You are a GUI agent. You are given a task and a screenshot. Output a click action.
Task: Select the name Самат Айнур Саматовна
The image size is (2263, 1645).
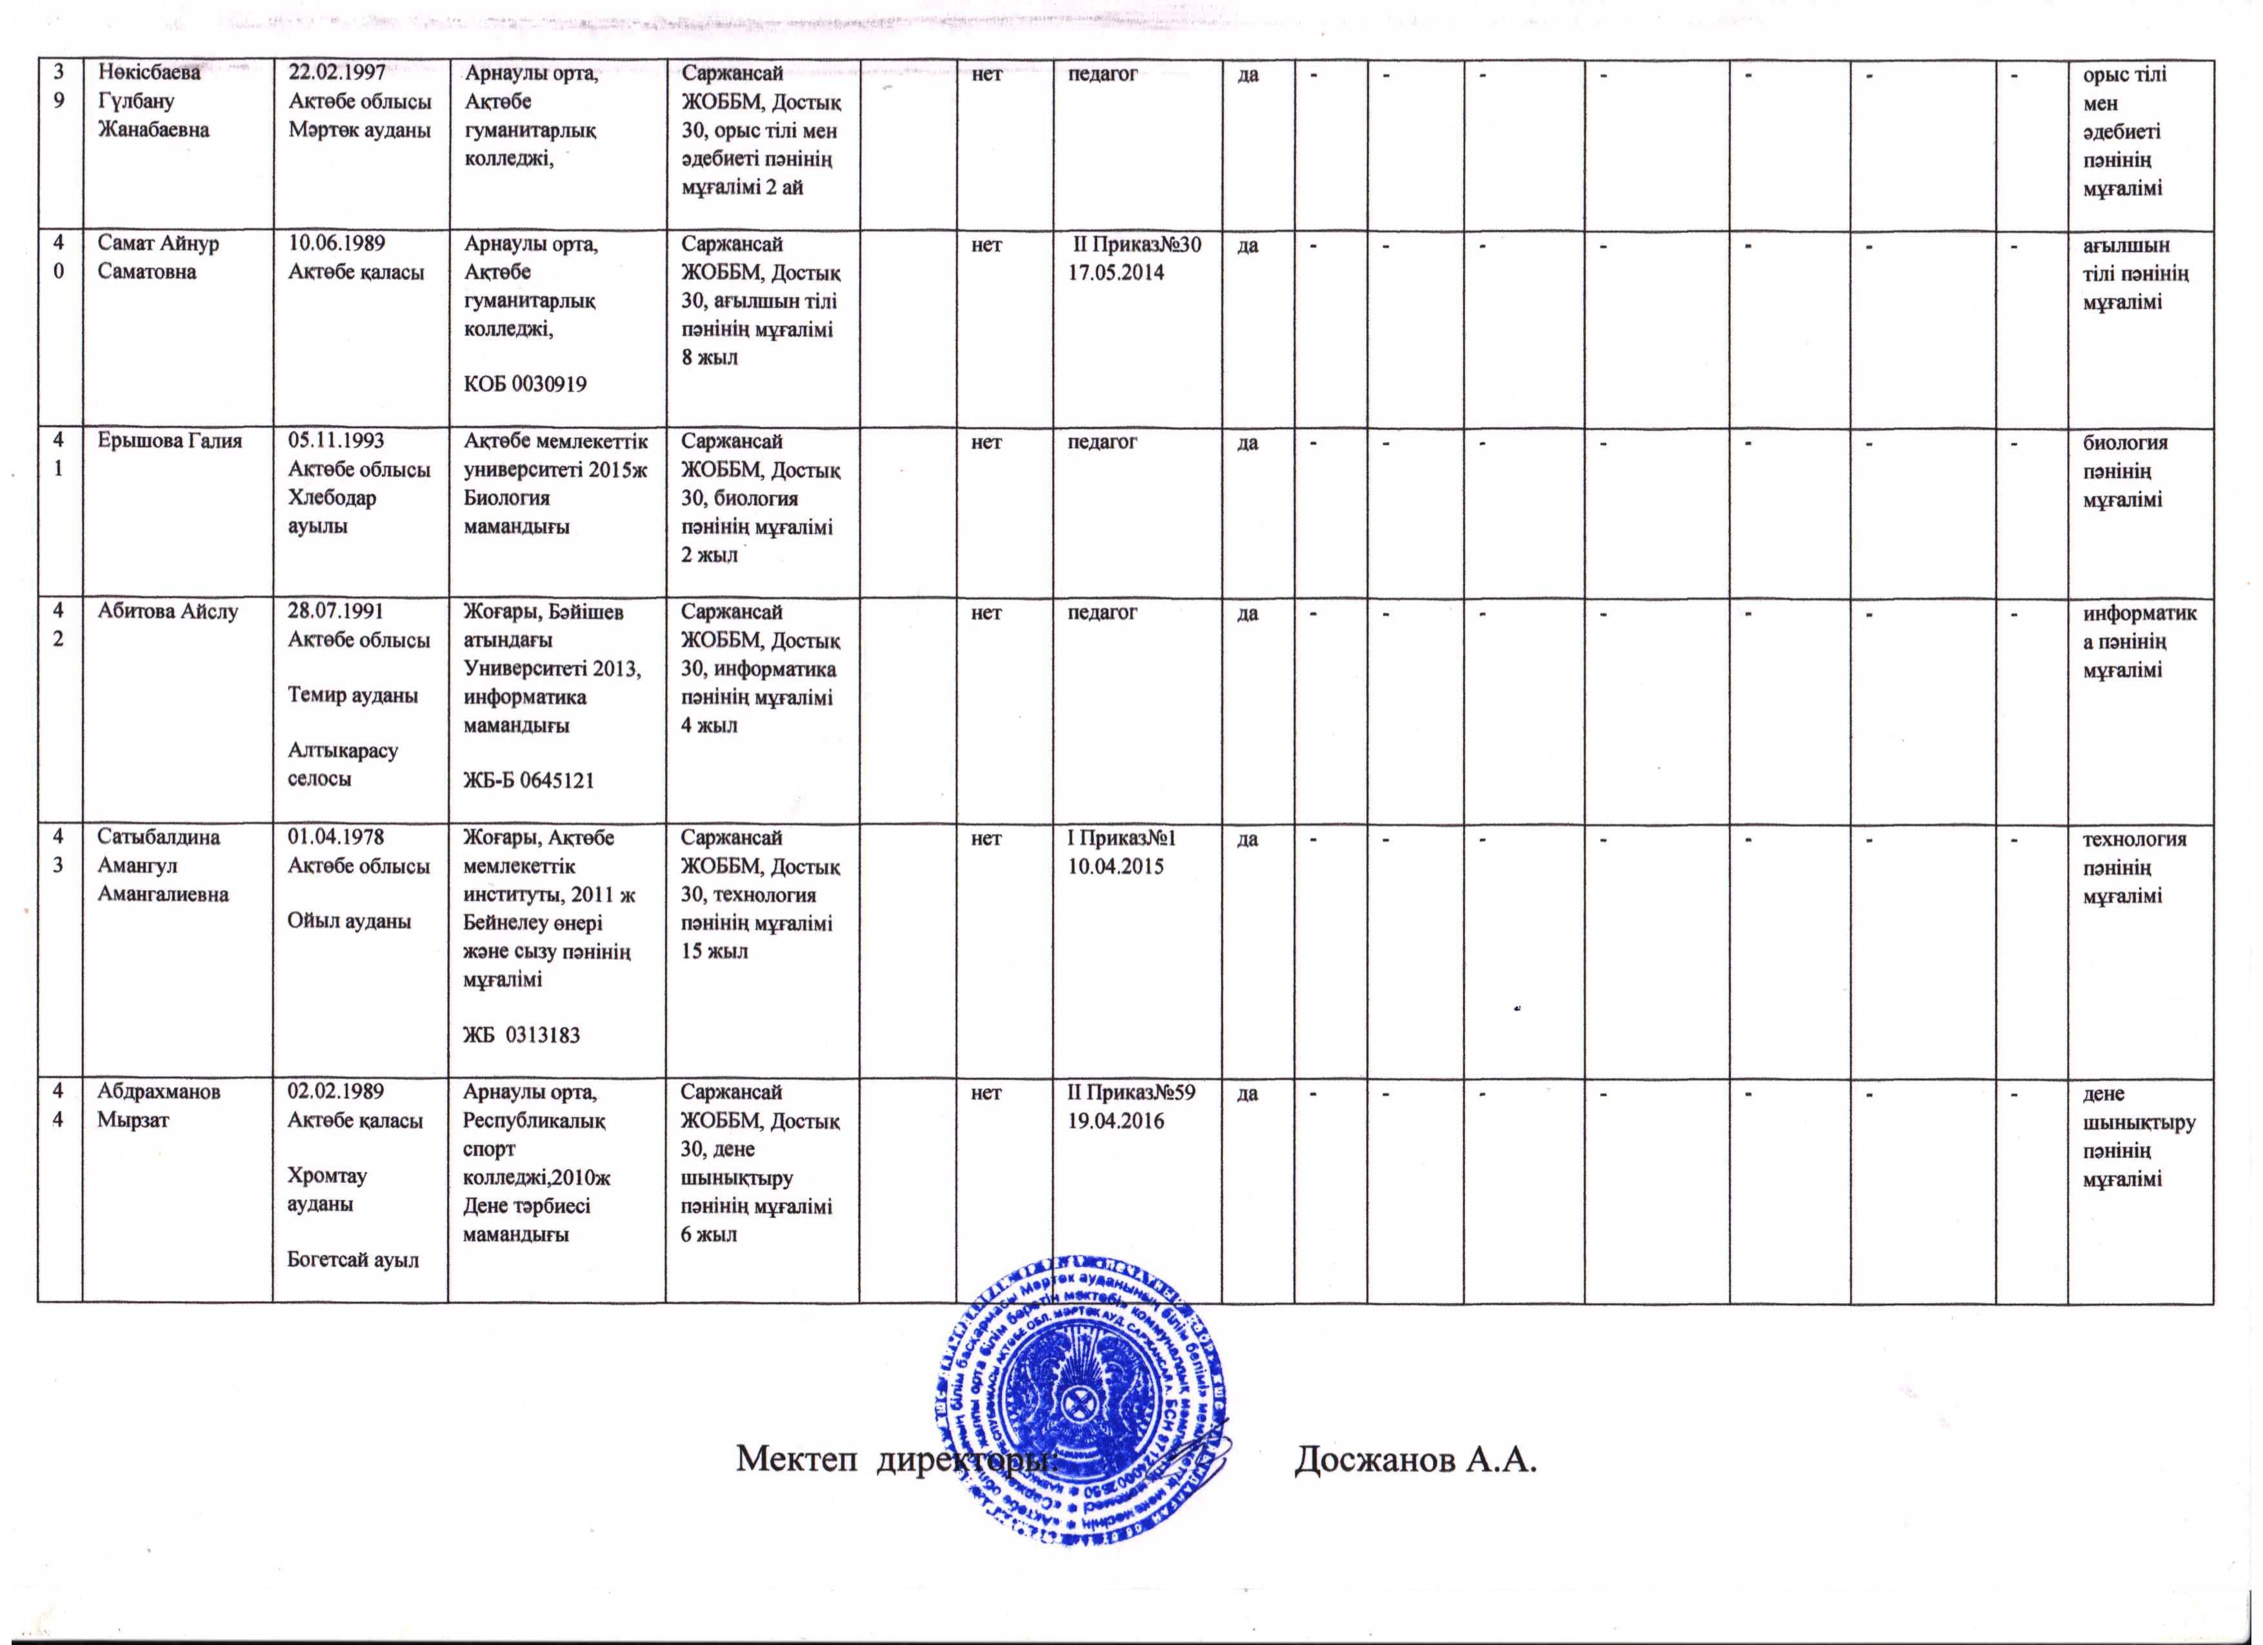click(x=157, y=257)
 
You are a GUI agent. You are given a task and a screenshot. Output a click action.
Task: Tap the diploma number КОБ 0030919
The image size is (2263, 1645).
click(x=525, y=383)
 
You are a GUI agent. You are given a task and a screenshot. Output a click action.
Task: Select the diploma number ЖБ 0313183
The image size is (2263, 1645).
click(x=521, y=1035)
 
